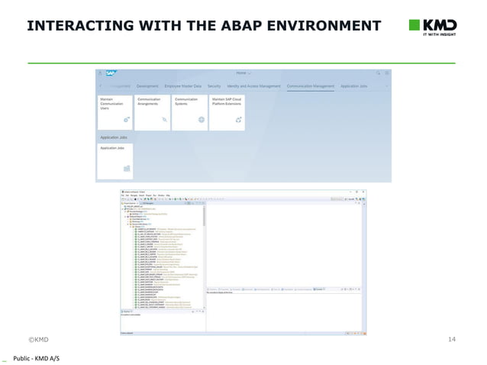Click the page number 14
pyautogui.click(x=450, y=338)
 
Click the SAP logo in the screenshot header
pyautogui.click(x=111, y=73)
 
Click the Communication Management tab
pyautogui.click(x=311, y=86)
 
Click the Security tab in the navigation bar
pyautogui.click(x=214, y=86)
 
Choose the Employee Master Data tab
pyautogui.click(x=183, y=86)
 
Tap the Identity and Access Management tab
pyautogui.click(x=253, y=86)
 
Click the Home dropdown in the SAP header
pyautogui.click(x=245, y=73)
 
